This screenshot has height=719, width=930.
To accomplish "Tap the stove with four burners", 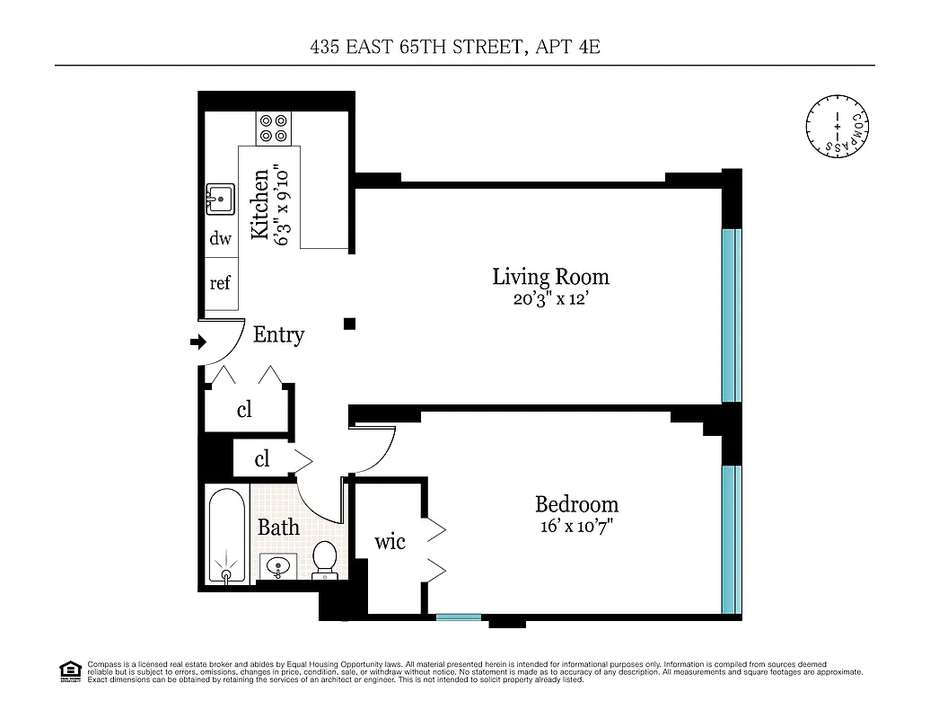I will [x=273, y=127].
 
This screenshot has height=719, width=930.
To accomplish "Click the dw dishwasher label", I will [x=220, y=239].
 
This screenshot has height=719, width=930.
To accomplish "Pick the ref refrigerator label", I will [x=220, y=283].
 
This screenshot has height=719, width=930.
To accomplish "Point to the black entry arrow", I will [x=198, y=342].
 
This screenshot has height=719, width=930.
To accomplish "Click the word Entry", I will [x=278, y=335].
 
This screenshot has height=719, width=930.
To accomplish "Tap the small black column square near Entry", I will [x=351, y=324].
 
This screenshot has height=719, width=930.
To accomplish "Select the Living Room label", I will [x=550, y=276].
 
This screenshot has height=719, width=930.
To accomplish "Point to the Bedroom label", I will [x=576, y=504].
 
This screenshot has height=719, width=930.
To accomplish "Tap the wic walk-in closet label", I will [x=390, y=542].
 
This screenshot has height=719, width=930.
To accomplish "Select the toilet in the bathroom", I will [x=324, y=560].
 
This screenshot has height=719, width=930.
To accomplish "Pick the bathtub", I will [x=225, y=537].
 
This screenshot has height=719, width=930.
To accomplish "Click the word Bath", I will [x=278, y=528].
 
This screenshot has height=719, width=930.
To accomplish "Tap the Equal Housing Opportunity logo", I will [x=68, y=670].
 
